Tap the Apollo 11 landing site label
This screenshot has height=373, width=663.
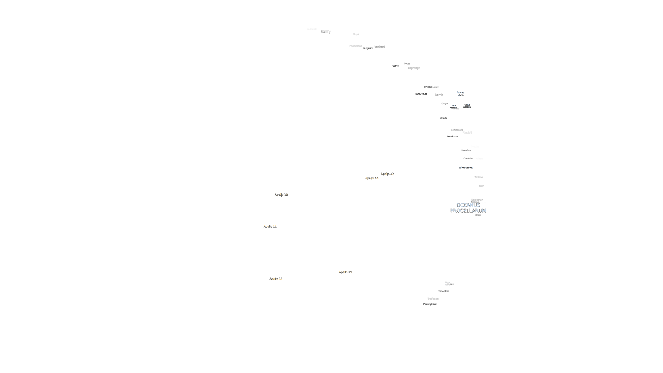pyautogui.click(x=270, y=226)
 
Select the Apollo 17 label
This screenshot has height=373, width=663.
pyautogui.click(x=276, y=278)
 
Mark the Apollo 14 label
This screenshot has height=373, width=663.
pyautogui.click(x=372, y=178)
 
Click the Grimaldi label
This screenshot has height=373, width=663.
pyautogui.click(x=457, y=130)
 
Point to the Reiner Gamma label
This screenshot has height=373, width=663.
pyautogui.click(x=466, y=168)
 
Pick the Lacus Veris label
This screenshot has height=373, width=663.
pyautogui.click(x=460, y=94)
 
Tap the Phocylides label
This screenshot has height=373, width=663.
pyautogui.click(x=355, y=46)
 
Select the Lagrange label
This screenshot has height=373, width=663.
pyautogui.click(x=414, y=68)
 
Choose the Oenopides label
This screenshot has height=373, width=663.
pyautogui.click(x=443, y=291)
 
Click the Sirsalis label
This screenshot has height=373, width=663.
pyautogui.click(x=443, y=118)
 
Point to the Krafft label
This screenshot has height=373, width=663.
pyautogui.click(x=481, y=186)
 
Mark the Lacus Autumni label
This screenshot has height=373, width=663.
pyautogui.click(x=467, y=106)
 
